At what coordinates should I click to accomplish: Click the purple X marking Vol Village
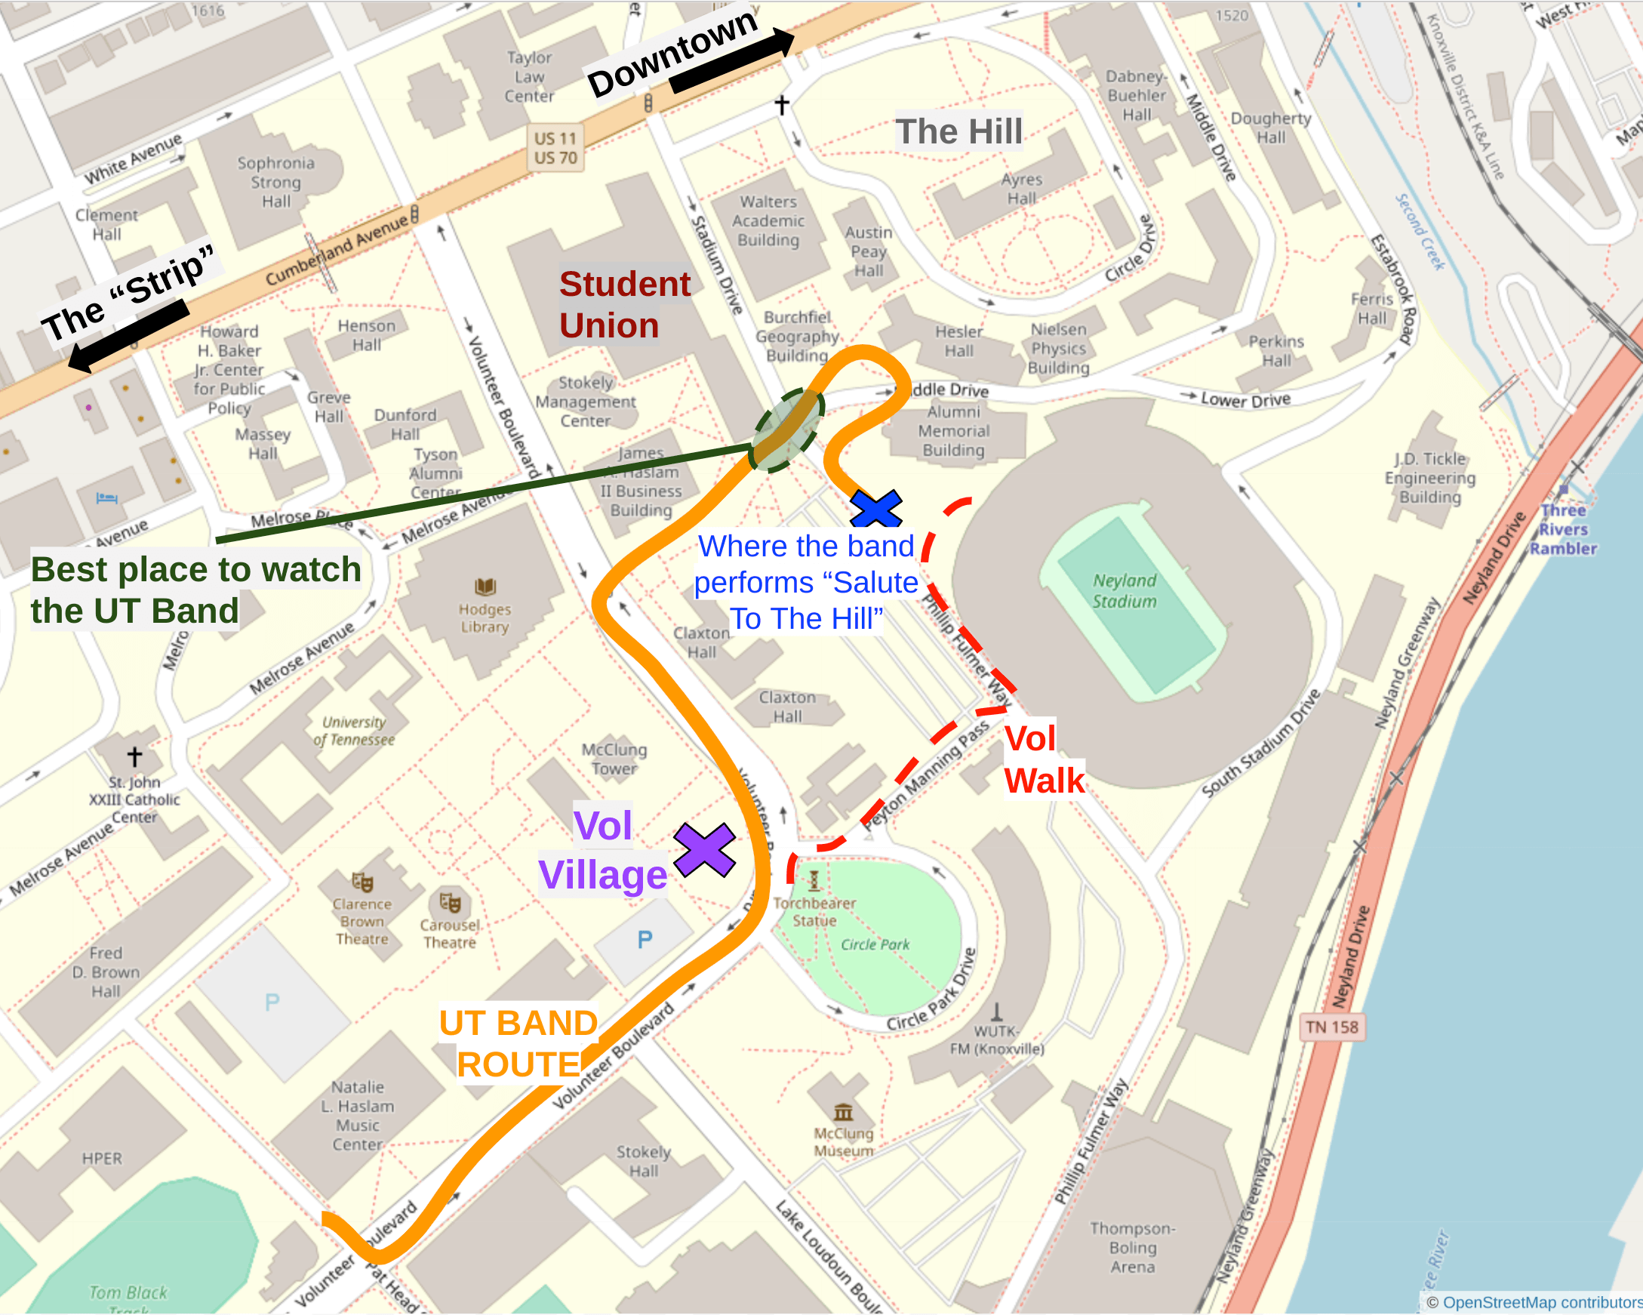click(704, 850)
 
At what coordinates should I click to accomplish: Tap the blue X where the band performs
click(875, 510)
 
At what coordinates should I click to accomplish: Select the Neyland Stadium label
click(1124, 591)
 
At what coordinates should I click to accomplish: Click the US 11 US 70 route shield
click(555, 148)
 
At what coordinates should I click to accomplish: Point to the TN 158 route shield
click(1331, 1027)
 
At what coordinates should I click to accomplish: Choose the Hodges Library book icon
click(485, 587)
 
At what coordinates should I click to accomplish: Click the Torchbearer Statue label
click(814, 911)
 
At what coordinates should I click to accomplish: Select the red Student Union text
click(624, 305)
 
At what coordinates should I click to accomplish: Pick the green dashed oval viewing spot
click(787, 430)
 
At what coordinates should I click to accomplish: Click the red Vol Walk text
click(1042, 759)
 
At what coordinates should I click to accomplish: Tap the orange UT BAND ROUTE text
click(518, 1043)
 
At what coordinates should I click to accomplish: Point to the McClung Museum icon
click(843, 1111)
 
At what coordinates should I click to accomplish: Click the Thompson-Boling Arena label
click(1132, 1247)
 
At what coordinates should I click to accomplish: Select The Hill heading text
click(958, 131)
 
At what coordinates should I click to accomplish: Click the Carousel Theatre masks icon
click(451, 903)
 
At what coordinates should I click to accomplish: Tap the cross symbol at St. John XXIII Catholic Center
click(135, 756)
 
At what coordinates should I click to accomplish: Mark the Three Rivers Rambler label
click(1562, 529)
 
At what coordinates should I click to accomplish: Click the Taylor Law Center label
click(529, 77)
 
